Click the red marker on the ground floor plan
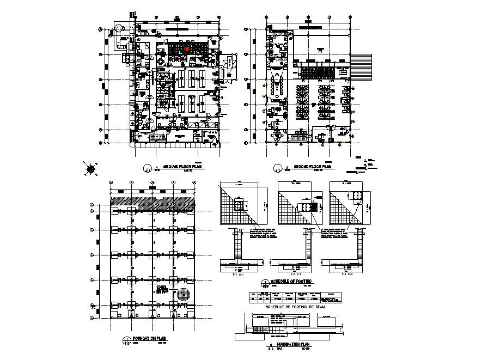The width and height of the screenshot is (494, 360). (187, 48)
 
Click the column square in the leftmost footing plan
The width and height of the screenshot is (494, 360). (239, 205)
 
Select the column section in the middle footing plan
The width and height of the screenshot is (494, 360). (306, 206)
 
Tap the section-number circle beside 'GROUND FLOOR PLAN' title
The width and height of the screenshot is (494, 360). (146, 168)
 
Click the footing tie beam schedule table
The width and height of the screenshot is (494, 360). (294, 297)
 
